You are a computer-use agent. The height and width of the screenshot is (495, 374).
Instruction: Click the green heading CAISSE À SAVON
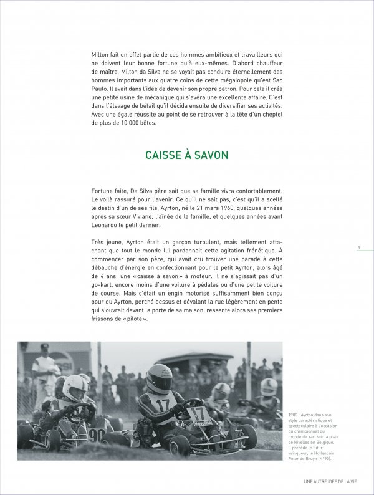(x=185, y=155)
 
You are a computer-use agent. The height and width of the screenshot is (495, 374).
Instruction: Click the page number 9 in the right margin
(x=359, y=247)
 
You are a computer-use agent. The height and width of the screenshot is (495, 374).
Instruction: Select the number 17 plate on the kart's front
(x=199, y=413)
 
